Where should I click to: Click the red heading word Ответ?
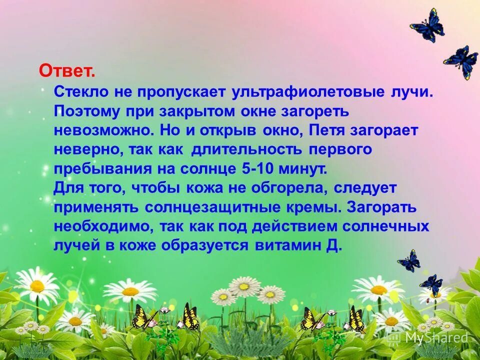point(67,71)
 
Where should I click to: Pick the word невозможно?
point(104,131)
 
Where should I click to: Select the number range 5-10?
point(255,168)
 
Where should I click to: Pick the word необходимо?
point(104,226)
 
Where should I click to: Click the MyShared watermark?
point(428,338)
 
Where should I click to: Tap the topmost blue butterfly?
point(427,25)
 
